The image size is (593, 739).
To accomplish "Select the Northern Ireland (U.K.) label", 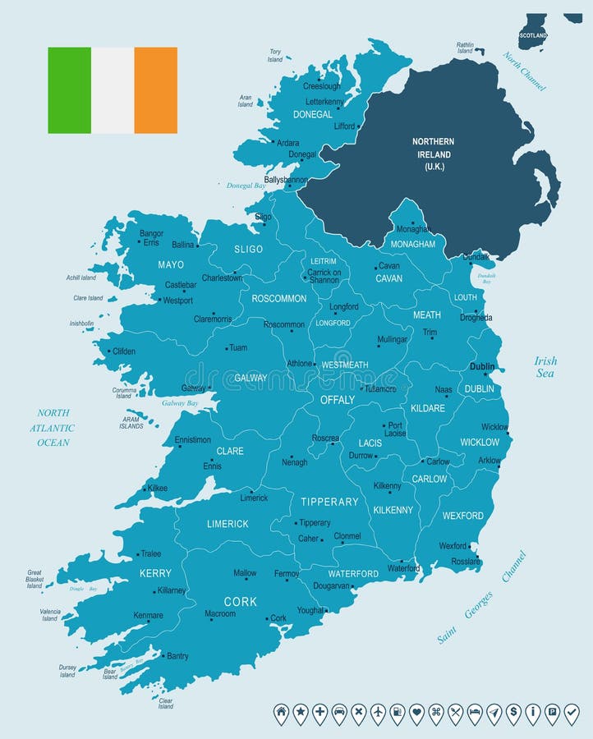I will click(x=433, y=154).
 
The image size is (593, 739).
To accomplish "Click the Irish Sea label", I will click(x=545, y=367).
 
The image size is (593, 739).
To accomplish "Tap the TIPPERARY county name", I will click(x=329, y=502).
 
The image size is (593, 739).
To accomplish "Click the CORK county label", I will click(x=241, y=602).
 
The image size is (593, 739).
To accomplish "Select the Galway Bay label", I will click(x=180, y=403).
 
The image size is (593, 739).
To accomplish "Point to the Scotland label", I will click(x=533, y=36).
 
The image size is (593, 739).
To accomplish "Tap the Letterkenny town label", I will click(x=324, y=102).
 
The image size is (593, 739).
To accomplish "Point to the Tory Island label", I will click(x=275, y=56).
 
